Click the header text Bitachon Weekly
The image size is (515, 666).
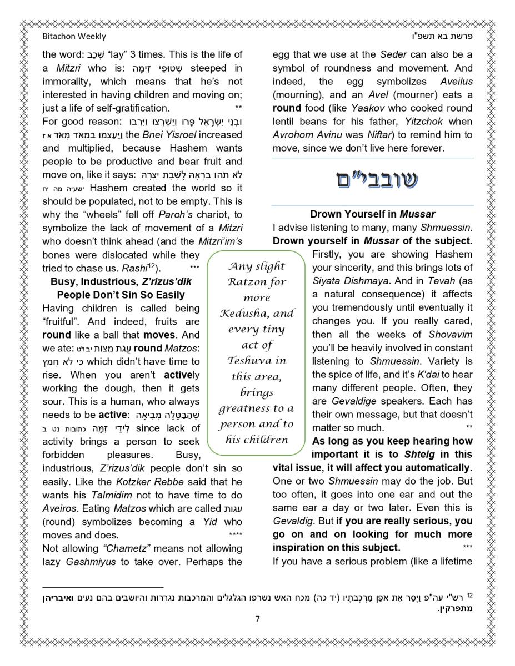74,37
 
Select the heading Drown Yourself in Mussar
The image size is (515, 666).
372,214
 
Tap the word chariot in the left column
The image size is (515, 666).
211,215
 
